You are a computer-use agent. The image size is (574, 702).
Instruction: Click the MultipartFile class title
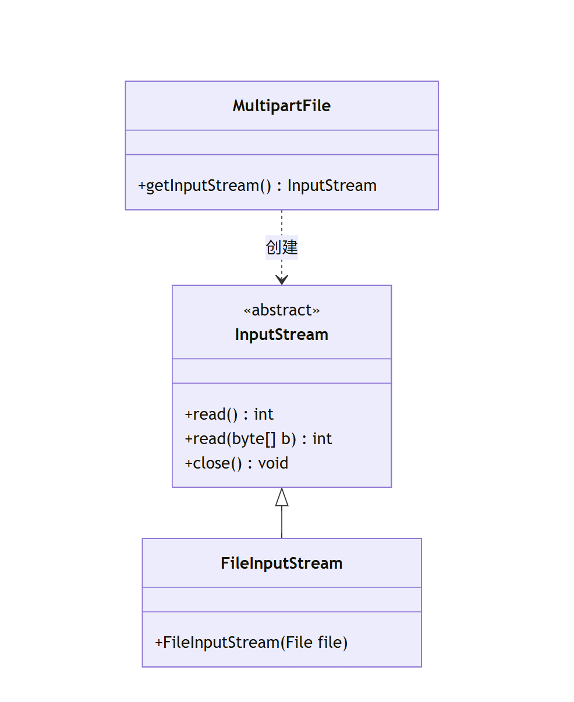point(282,106)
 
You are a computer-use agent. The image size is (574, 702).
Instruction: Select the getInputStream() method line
point(257,186)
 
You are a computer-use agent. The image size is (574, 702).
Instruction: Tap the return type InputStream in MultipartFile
point(332,186)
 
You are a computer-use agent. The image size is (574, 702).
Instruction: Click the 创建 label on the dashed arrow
point(282,247)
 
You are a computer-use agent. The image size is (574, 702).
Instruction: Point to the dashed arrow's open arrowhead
point(282,280)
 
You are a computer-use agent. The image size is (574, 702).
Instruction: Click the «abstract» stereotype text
point(282,310)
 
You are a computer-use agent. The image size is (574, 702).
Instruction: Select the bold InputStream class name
point(282,335)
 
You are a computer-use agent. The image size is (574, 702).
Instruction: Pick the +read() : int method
point(229,414)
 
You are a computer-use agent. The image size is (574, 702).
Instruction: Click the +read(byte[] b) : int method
point(258,439)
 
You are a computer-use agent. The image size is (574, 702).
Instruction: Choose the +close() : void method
point(236,463)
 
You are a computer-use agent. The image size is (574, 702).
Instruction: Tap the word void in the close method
point(273,463)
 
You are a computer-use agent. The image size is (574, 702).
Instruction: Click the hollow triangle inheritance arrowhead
point(282,498)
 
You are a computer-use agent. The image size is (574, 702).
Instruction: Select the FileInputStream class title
point(282,563)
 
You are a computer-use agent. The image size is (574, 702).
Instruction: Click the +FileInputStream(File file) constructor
point(251,643)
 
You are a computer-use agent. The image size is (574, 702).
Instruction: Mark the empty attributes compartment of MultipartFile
point(282,143)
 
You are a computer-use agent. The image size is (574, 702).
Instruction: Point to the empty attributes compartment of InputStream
point(282,371)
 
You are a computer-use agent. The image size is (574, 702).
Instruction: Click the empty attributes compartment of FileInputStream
point(282,600)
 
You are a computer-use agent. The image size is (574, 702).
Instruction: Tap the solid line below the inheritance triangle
point(282,522)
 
